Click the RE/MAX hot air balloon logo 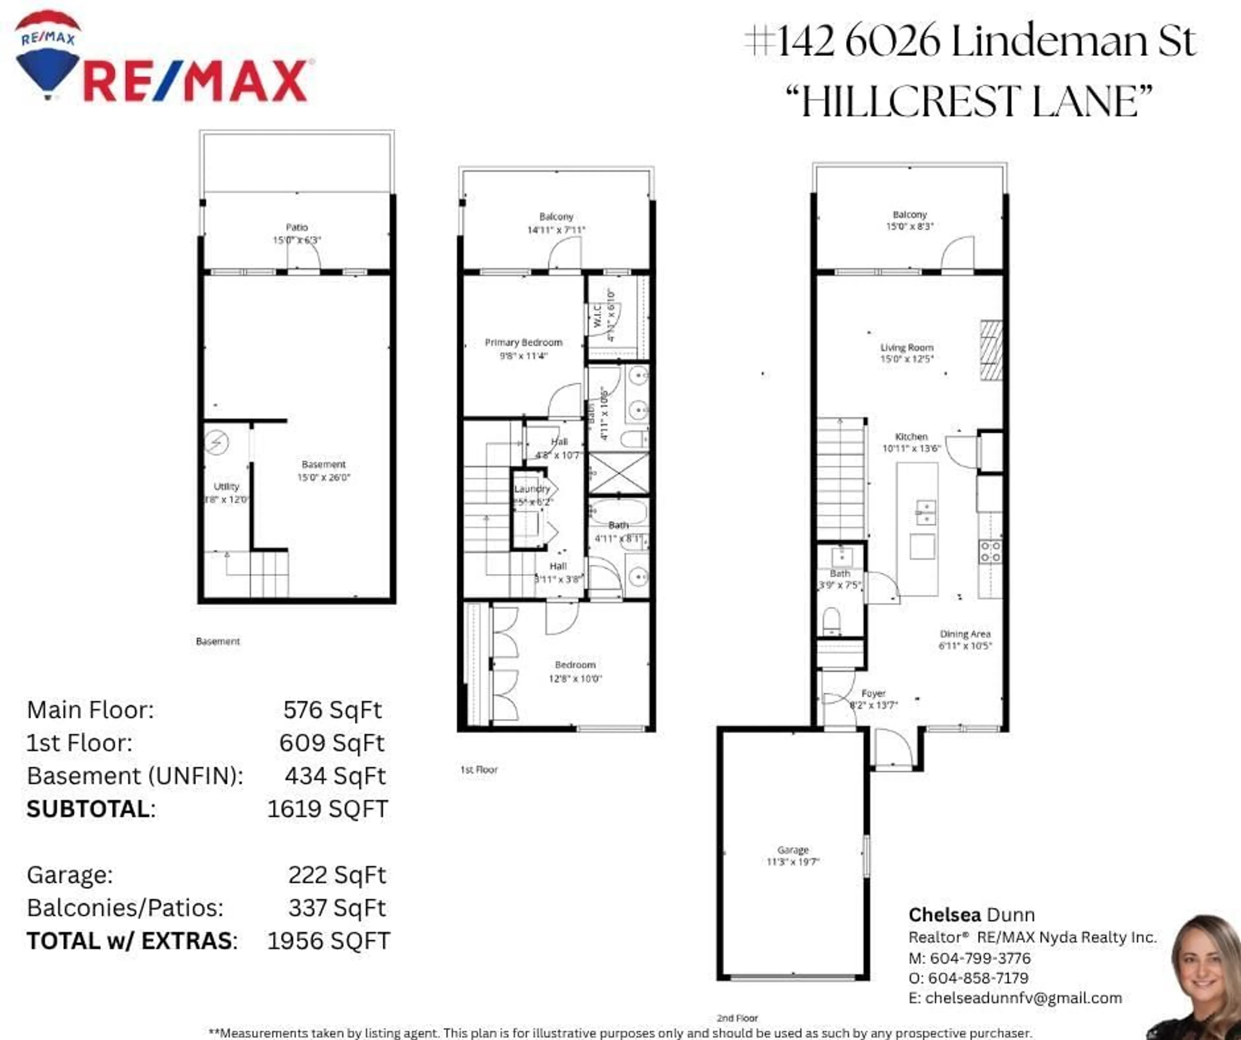tap(47, 56)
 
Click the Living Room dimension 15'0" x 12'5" tap(907, 359)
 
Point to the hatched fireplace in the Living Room tap(992, 350)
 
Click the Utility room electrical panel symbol tap(217, 442)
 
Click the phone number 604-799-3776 tap(980, 958)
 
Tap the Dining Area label tap(965, 634)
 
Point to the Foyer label tap(874, 693)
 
